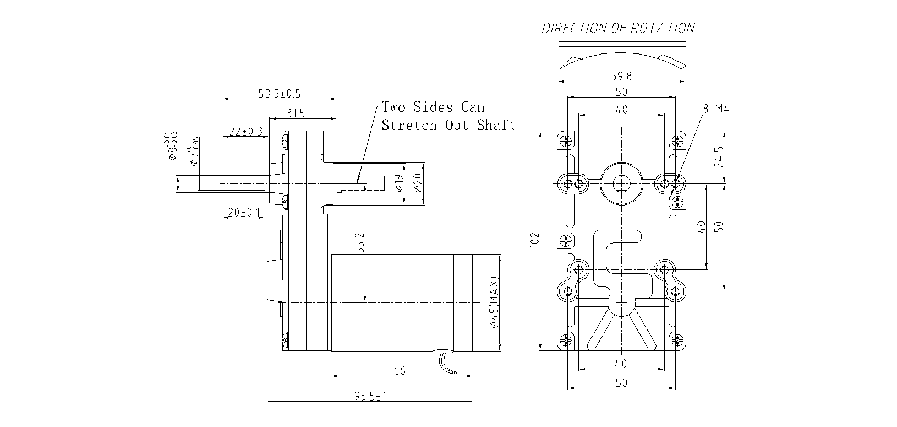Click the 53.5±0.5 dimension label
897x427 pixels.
[x=279, y=94]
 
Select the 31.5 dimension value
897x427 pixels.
[x=296, y=113]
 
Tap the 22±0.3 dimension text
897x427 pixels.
[x=245, y=131]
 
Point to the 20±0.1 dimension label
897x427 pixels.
[x=243, y=212]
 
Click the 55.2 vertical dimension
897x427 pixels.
[x=360, y=242]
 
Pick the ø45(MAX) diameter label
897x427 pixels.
[x=494, y=302]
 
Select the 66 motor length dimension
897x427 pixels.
[x=400, y=371]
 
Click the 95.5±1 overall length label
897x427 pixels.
[x=370, y=396]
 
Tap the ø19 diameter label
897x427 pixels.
[x=398, y=183]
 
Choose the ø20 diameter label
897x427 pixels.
[x=418, y=183]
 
